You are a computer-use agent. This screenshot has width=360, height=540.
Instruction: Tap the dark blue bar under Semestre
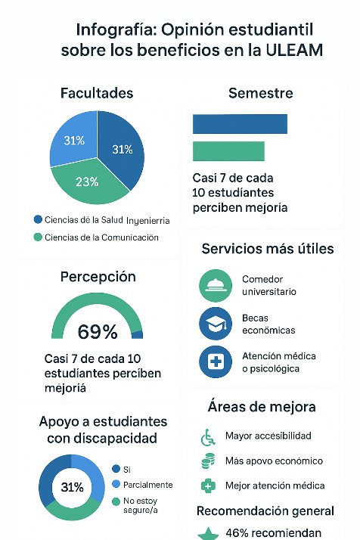coord(240,124)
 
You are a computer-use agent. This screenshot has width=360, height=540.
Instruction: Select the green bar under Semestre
coord(228,151)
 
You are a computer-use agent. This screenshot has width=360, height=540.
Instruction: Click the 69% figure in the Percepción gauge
coord(98,332)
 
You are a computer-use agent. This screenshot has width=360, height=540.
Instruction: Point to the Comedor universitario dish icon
coord(216,286)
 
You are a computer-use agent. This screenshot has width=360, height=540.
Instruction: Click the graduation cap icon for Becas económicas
coord(216,324)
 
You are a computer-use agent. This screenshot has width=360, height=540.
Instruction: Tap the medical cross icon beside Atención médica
coord(216,362)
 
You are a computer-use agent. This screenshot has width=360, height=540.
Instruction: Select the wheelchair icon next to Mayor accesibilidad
coord(208,437)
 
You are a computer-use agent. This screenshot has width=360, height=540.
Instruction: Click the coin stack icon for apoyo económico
coord(208,461)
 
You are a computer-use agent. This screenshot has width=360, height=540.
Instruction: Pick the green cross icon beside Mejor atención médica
coord(208,486)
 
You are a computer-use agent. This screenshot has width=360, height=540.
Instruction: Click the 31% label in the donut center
coord(72,487)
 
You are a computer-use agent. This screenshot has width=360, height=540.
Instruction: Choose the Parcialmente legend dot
coord(116,484)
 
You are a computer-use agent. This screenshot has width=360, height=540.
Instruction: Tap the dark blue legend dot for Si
coord(116,469)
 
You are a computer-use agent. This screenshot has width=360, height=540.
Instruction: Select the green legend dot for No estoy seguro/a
coord(116,501)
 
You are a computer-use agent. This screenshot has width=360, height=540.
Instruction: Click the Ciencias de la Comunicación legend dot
coord(38,237)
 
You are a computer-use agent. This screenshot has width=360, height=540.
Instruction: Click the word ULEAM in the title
coord(294,50)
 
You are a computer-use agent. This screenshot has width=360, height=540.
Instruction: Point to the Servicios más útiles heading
coord(268,249)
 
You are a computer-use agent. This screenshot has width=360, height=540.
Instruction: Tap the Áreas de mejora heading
coord(262,407)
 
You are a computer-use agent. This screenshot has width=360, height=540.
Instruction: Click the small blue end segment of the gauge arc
coord(138,334)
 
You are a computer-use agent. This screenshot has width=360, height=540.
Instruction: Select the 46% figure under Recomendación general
coord(237,532)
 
